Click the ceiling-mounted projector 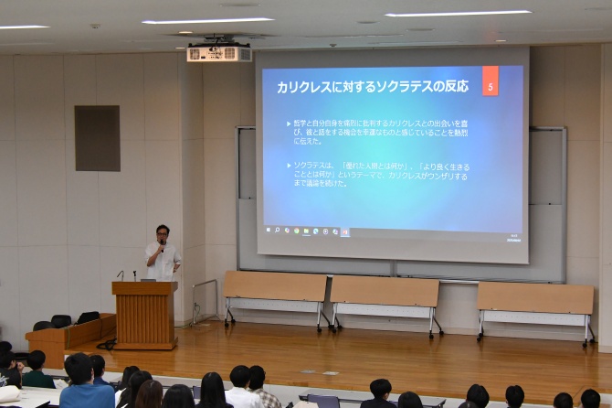[218, 53]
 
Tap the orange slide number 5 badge [491, 86]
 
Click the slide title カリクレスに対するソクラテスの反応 [372, 87]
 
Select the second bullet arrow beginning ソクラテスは [289, 166]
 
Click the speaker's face [163, 233]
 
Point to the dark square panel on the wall [97, 138]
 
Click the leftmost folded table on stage [275, 287]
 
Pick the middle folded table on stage [385, 292]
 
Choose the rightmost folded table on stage [534, 297]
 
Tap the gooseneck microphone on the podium [120, 274]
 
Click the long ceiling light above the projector [207, 20]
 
